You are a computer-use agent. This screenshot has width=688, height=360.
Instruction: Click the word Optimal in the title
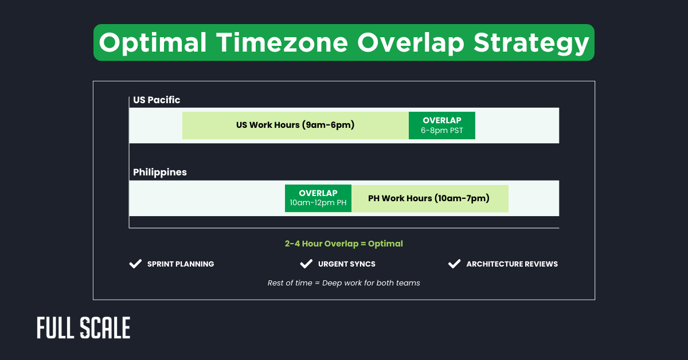[153, 42]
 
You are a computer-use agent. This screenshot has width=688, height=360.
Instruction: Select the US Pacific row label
[157, 100]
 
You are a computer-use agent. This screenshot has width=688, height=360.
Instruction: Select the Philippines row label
[160, 172]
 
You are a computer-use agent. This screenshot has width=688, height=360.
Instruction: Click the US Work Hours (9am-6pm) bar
[295, 125]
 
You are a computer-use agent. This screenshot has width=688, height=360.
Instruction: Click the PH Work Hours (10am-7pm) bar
[429, 198]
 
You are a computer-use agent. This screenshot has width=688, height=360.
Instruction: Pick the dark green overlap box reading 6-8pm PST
[441, 126]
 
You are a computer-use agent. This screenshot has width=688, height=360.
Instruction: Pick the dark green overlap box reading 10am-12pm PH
[318, 198]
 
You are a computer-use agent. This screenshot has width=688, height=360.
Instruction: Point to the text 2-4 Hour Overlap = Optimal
[344, 244]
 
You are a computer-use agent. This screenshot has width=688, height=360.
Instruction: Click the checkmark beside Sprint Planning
[135, 264]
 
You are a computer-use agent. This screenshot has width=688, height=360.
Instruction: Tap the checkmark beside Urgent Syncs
[306, 264]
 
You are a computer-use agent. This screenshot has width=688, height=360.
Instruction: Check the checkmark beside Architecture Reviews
[454, 264]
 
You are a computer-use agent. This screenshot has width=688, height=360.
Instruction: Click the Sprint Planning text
[181, 264]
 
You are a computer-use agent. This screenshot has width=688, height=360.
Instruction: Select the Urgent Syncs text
[347, 264]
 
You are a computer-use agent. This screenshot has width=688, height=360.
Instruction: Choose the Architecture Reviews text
[512, 264]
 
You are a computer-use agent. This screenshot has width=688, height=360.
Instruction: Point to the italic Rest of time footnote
[344, 283]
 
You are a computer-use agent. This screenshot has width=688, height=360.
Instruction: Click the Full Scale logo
[84, 328]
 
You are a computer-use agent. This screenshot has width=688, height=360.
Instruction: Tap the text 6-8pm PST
[441, 131]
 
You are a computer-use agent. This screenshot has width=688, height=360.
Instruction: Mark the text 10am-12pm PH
[318, 203]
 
